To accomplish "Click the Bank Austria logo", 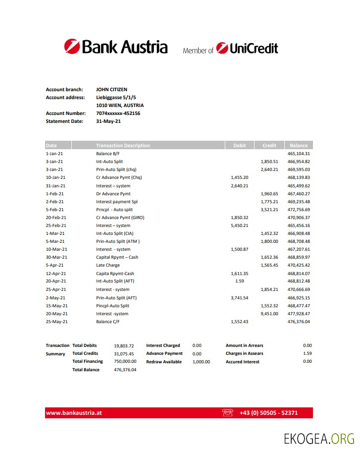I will coord(115,47).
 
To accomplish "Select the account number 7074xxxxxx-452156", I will coord(118,113).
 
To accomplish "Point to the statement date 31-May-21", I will coord(108,121).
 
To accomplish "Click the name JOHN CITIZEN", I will coord(111,90).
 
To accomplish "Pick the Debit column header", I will coord(239,146).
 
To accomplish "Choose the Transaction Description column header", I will coord(123,146).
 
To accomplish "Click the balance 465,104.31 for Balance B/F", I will coord(299,154).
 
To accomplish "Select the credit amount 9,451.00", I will coord(269,314).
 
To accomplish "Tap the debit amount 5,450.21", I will coord(240,226).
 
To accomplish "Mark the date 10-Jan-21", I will coord(55,177).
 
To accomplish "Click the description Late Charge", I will coord(108,266).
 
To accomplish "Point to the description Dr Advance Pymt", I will coord(113,194).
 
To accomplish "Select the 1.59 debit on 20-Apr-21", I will coord(240,282).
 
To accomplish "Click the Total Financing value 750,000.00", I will coord(125,362).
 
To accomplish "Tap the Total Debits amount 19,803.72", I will coord(124,345).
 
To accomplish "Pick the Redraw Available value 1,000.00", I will coord(201,362).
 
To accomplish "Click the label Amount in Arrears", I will coord(245,345).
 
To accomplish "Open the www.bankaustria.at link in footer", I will coord(74,413).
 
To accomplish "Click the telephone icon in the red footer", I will coord(228,413).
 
